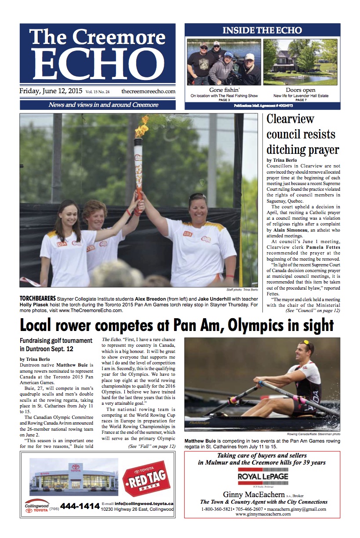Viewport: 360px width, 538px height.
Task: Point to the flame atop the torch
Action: (142, 127)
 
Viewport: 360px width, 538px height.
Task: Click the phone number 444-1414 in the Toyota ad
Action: (80, 506)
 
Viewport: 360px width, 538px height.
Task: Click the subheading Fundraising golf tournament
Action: (56, 341)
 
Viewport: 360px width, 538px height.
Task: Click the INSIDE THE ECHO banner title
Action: (262, 30)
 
